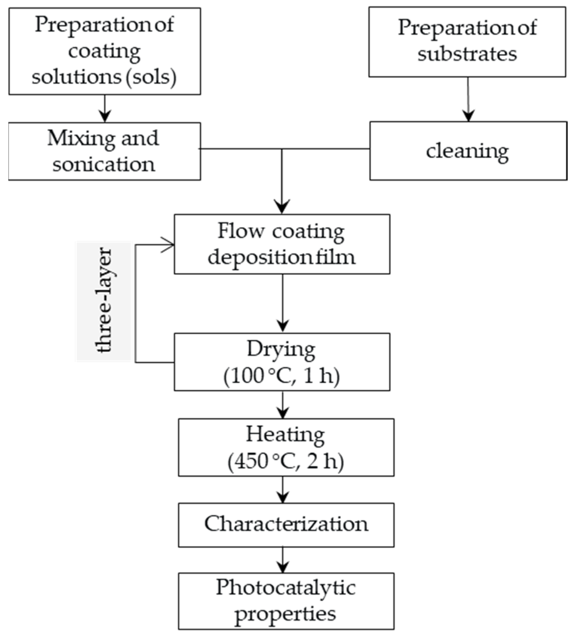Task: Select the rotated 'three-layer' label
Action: [x=104, y=301]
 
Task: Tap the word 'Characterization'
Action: [x=286, y=524]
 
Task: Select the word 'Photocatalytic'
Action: [x=286, y=588]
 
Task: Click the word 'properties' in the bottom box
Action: [x=285, y=614]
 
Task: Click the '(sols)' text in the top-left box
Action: [x=151, y=77]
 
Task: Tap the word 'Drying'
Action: [x=281, y=350]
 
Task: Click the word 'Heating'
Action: [x=285, y=435]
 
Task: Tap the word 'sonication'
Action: [x=104, y=165]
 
